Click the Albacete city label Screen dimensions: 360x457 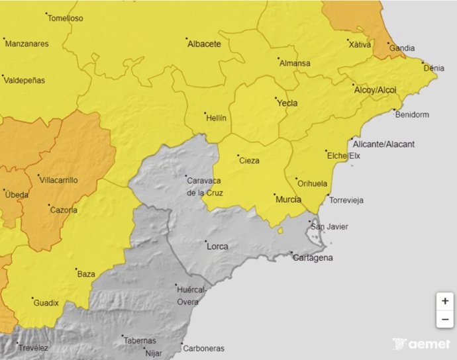click(204, 44)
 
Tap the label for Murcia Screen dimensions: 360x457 click(288, 199)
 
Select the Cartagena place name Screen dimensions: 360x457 click(313, 257)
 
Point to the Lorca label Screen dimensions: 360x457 click(217, 247)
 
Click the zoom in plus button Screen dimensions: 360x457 click(444, 300)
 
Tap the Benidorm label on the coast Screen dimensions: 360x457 click(411, 114)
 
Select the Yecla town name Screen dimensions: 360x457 click(287, 103)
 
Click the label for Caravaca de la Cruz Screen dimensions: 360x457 click(205, 187)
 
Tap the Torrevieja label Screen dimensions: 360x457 click(348, 201)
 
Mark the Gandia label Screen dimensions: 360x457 click(402, 48)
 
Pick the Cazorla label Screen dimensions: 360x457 click(64, 210)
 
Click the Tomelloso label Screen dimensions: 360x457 click(66, 19)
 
